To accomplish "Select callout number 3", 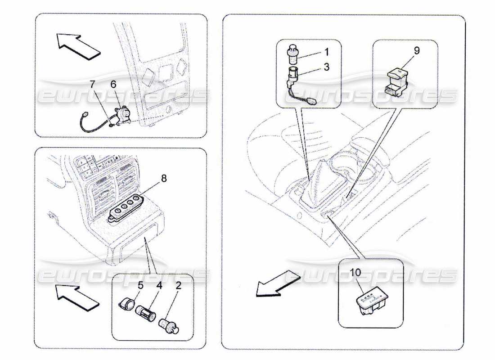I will pos(326,67).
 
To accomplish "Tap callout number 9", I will pos(417,51).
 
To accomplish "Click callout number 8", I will pos(164,179).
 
